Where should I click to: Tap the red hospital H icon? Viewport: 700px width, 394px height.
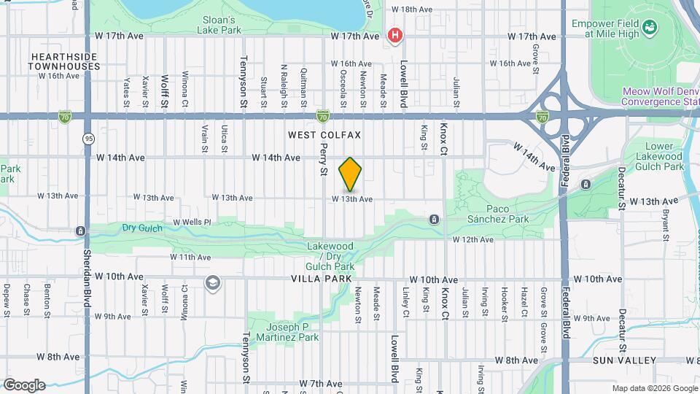tap(395, 35)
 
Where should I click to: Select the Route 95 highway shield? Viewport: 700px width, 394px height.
tap(88, 137)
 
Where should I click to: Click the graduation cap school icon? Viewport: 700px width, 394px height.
tap(212, 282)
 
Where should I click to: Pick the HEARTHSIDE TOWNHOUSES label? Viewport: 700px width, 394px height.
tap(64, 61)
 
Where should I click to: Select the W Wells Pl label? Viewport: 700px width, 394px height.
tap(191, 222)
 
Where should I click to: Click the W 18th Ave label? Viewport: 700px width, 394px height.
tap(411, 9)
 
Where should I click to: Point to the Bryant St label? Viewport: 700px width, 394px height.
tap(665, 225)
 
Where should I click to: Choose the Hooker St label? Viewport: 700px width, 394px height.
tap(504, 302)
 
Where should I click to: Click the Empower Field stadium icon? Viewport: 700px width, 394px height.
tap(650, 28)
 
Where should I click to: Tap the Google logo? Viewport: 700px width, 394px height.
tap(24, 385)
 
